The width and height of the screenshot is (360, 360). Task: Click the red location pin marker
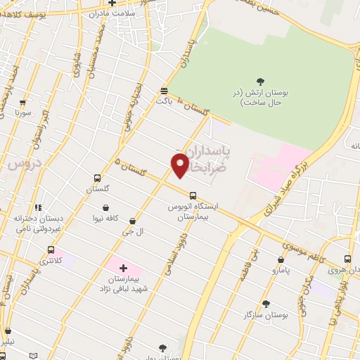(x=180, y=165)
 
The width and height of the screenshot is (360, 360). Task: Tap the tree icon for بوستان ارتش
(x=260, y=81)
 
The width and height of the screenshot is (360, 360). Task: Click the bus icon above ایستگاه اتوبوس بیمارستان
(x=192, y=195)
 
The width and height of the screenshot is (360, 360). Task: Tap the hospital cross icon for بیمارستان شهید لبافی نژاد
(x=123, y=267)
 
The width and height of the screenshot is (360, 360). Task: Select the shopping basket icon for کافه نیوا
(x=105, y=207)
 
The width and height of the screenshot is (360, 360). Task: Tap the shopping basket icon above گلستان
(x=99, y=179)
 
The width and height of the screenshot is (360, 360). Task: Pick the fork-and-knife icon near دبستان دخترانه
(x=38, y=207)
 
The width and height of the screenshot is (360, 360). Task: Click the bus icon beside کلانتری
(x=51, y=250)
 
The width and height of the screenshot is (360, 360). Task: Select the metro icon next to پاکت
(x=164, y=91)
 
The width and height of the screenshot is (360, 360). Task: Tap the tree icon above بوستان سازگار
(x=266, y=304)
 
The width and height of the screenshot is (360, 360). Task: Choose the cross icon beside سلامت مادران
(x=112, y=3)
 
